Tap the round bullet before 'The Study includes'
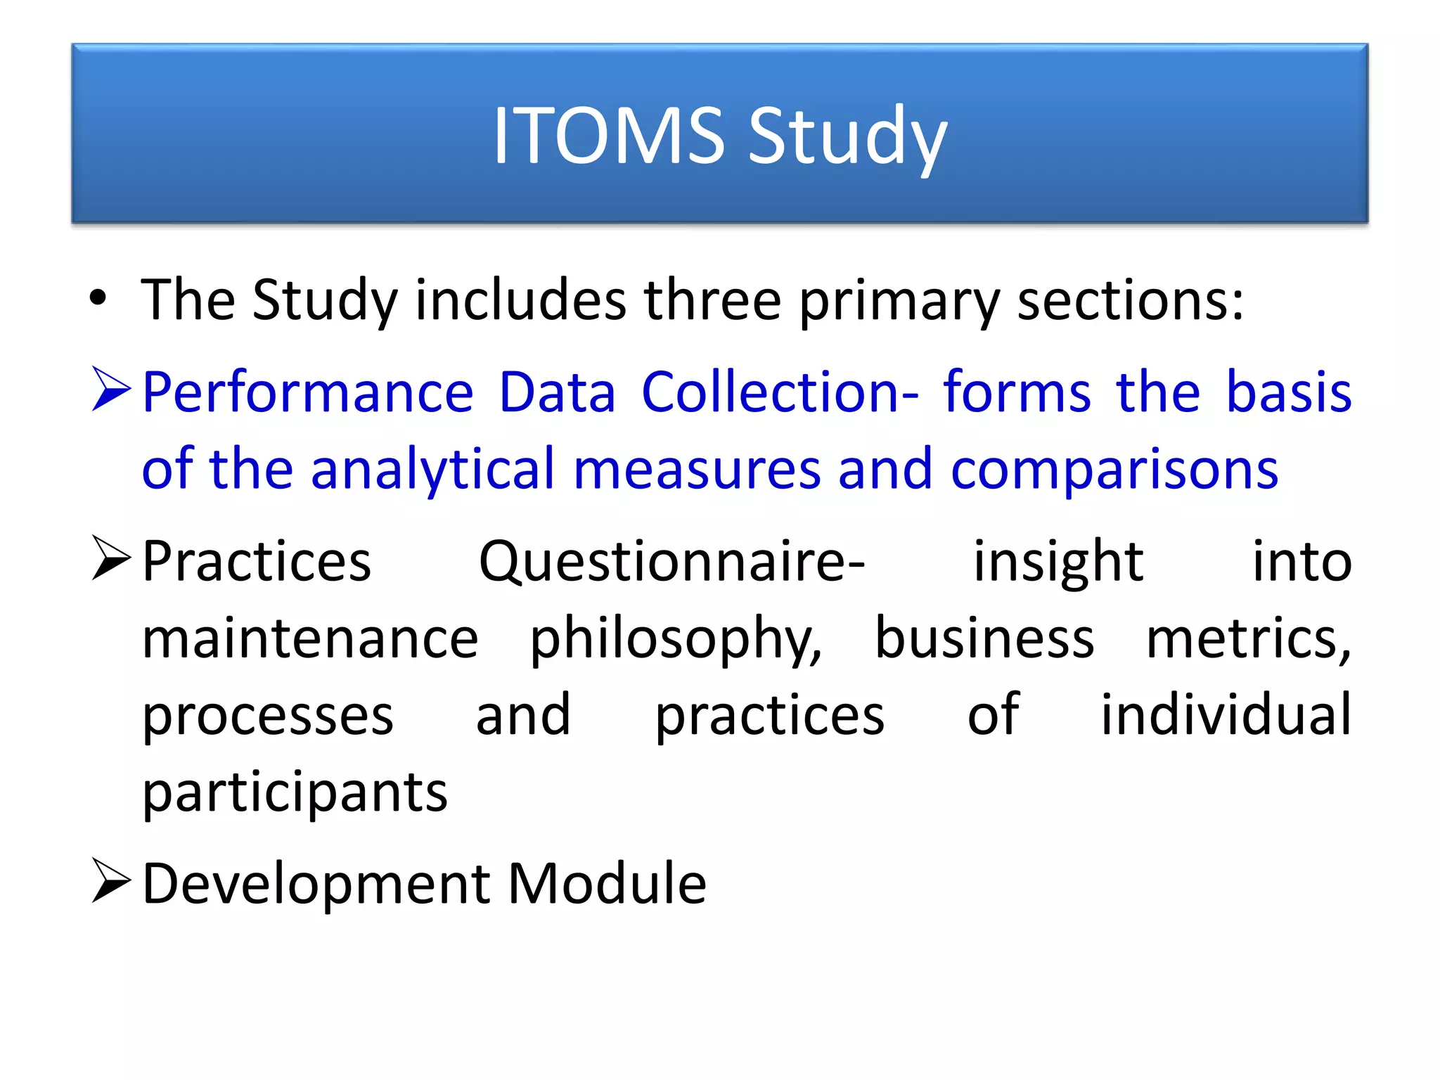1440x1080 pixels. pyautogui.click(x=98, y=298)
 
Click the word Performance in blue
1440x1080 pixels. pyautogui.click(x=308, y=392)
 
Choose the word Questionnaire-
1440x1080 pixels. pyautogui.click(x=671, y=562)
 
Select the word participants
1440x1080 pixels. pyautogui.click(x=295, y=793)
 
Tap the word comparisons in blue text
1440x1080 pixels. pyautogui.click(x=1114, y=470)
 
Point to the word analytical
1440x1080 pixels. pyautogui.click(x=433, y=470)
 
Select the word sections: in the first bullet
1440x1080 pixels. pyautogui.click(x=1131, y=300)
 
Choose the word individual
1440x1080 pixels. pyautogui.click(x=1226, y=715)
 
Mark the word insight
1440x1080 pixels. pyautogui.click(x=1058, y=562)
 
